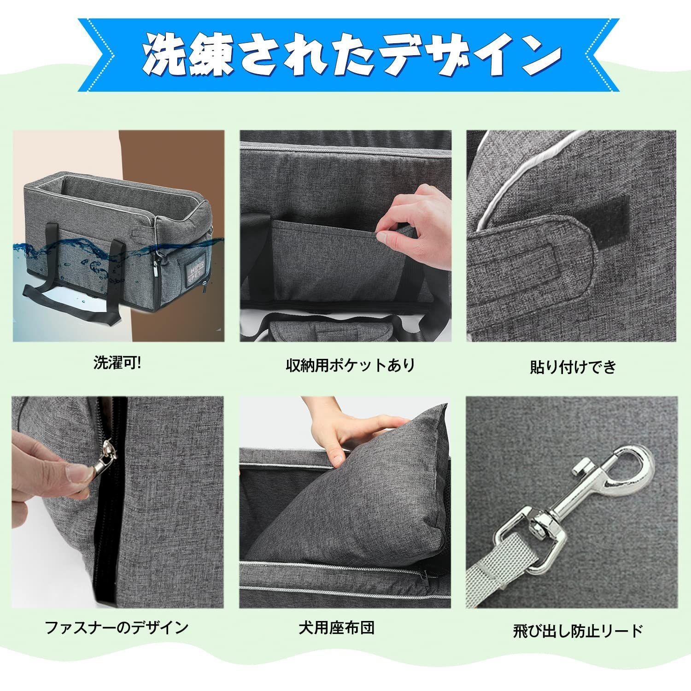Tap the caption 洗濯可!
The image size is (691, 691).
pyautogui.click(x=118, y=363)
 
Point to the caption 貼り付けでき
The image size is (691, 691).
pyautogui.click(x=573, y=367)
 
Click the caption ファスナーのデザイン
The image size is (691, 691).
pyautogui.click(x=117, y=627)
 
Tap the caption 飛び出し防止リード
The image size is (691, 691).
pyautogui.click(x=578, y=631)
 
